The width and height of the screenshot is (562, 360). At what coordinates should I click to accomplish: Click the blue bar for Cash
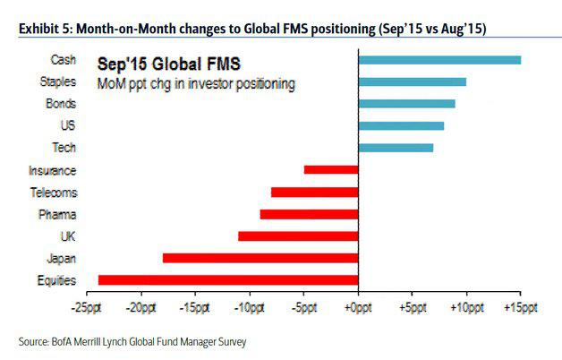pos(439,60)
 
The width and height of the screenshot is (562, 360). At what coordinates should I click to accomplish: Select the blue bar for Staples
pos(412,81)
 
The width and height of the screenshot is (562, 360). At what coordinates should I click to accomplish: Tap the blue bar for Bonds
pos(406,104)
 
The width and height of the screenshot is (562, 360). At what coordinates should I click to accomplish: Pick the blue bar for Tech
pos(396,148)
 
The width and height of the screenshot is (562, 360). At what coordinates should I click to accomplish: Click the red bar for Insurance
pos(331,169)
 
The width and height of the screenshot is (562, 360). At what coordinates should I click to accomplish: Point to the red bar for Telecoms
pos(314,192)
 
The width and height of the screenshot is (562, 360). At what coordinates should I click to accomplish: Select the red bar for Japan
pos(260,258)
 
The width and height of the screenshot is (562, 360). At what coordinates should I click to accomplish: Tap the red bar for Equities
pos(228,280)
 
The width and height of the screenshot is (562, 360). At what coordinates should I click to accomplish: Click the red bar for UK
pos(298,236)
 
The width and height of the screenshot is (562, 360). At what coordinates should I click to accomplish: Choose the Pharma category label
pos(61,214)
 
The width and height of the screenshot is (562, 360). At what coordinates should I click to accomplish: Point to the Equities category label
pos(57,280)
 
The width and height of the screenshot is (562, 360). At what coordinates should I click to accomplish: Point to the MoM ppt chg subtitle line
pos(196,84)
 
